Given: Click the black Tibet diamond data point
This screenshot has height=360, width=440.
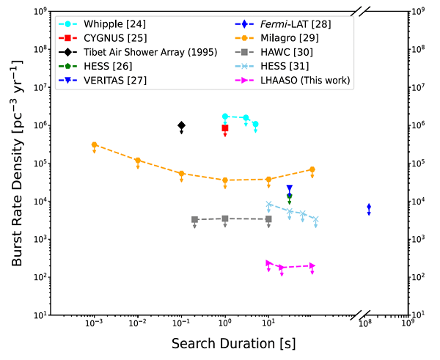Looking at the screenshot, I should [x=181, y=126].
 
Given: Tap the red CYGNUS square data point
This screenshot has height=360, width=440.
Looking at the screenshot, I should [x=225, y=128].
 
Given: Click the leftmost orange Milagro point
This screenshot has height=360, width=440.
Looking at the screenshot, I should [x=94, y=145].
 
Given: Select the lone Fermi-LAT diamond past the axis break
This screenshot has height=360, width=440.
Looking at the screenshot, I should [x=369, y=208].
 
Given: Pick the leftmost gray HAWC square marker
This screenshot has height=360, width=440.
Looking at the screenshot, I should [x=195, y=219].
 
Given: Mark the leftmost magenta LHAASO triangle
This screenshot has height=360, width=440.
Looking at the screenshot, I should [x=269, y=262].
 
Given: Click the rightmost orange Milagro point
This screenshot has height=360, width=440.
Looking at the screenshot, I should [x=312, y=169].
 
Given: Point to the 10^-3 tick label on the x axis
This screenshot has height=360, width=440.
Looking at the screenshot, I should [x=94, y=325].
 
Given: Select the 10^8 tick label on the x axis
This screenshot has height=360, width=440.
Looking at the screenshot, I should [x=364, y=325].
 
